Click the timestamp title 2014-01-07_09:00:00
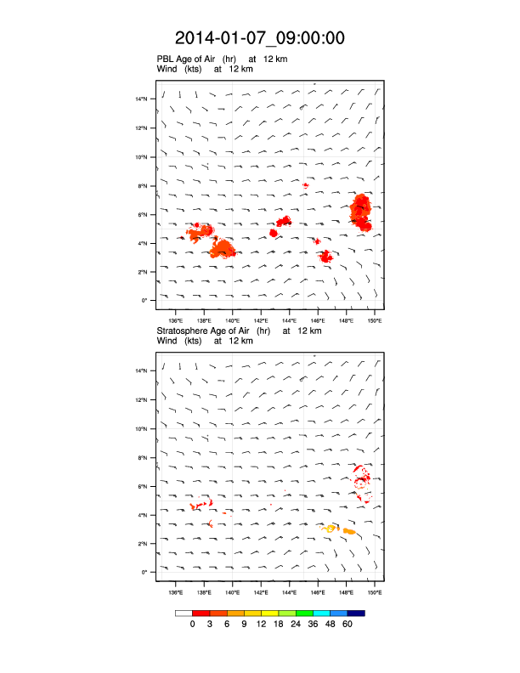(x=259, y=37)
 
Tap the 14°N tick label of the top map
(x=142, y=99)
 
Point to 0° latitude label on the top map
(x=145, y=301)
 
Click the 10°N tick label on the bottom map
(x=142, y=429)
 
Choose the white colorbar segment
(x=184, y=613)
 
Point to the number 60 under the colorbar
(x=348, y=625)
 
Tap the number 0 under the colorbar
(x=193, y=625)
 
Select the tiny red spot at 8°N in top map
(x=306, y=184)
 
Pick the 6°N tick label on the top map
(x=144, y=214)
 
